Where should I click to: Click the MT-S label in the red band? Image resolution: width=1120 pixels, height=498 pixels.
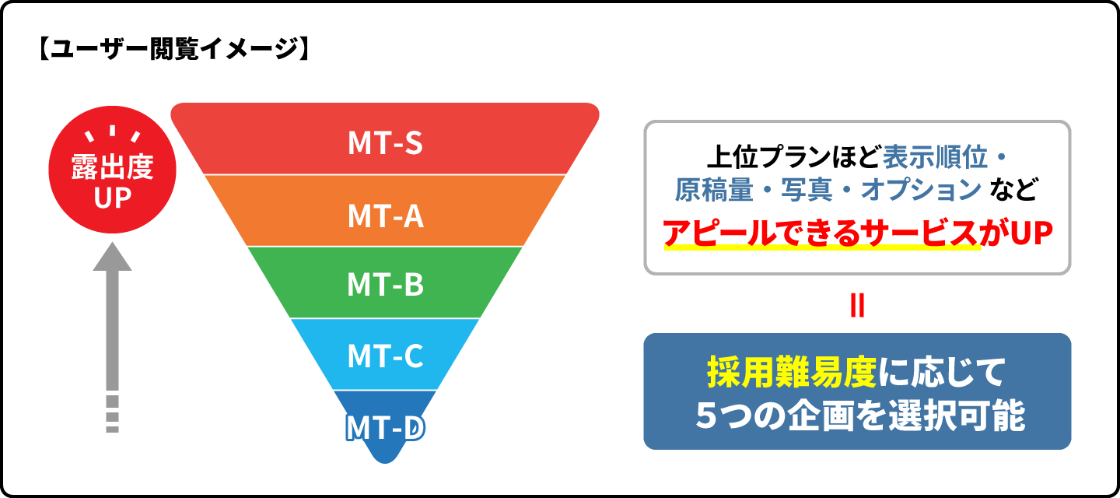[x=386, y=143]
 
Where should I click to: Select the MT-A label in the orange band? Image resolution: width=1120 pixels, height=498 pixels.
[x=386, y=216]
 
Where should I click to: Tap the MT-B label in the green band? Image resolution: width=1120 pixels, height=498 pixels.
[x=386, y=285]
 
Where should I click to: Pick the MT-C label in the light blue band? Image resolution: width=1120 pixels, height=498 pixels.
[x=386, y=356]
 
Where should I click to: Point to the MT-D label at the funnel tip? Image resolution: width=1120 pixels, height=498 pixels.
[x=385, y=428]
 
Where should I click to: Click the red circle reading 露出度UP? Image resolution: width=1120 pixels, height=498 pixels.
[x=113, y=170]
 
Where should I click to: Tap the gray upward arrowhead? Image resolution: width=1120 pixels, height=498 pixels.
[x=113, y=257]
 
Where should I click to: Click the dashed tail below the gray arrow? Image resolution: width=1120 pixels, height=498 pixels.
[x=113, y=414]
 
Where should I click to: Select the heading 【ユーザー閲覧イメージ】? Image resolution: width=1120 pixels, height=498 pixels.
[x=173, y=50]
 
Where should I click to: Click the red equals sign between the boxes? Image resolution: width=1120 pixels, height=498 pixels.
[x=857, y=305]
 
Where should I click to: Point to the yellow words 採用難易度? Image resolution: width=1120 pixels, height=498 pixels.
[x=792, y=373]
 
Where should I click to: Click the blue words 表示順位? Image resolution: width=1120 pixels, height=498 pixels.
[x=935, y=157]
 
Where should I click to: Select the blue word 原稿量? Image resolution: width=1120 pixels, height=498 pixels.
[x=714, y=190]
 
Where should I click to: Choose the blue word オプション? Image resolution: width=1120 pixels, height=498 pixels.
[x=921, y=190]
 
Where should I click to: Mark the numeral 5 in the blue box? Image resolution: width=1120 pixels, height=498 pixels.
[x=706, y=416]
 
